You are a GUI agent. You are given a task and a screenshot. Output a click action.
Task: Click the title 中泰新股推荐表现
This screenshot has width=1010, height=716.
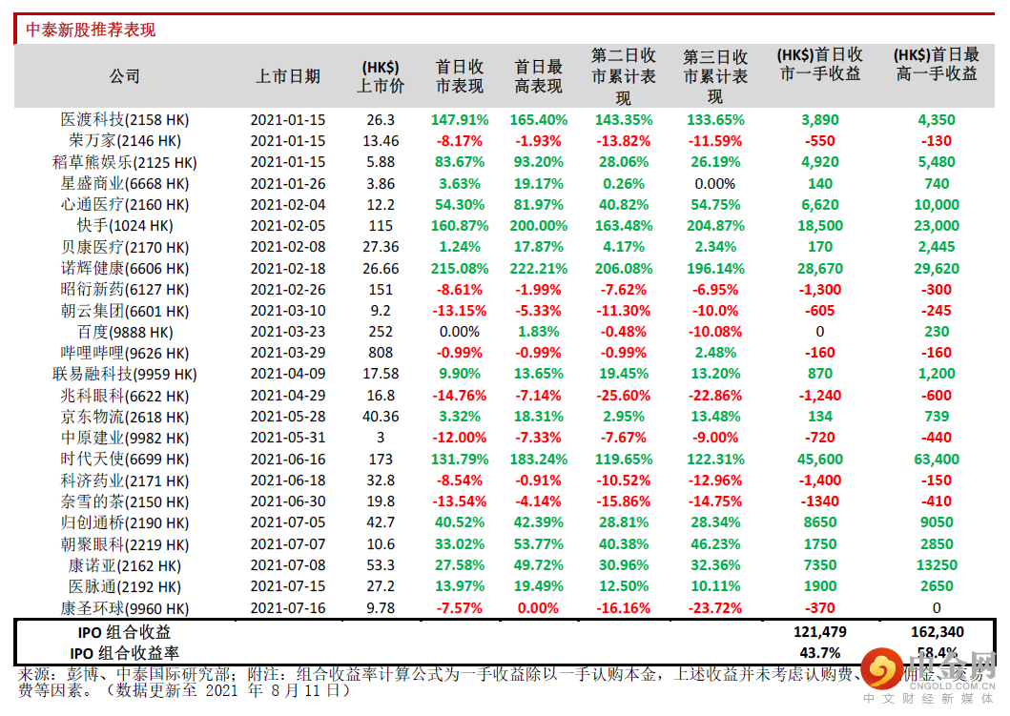[91, 30]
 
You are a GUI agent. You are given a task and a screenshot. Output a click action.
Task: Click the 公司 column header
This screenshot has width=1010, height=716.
[124, 76]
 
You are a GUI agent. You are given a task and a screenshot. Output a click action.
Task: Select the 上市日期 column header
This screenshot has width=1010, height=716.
[288, 76]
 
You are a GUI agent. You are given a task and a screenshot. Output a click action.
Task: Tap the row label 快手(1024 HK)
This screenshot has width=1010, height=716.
[124, 226]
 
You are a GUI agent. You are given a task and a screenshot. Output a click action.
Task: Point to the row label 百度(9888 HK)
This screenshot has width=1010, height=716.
[124, 332]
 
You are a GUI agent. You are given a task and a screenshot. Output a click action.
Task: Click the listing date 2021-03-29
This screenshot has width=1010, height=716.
[288, 353]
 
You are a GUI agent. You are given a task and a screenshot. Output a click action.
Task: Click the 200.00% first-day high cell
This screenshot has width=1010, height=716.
[539, 226]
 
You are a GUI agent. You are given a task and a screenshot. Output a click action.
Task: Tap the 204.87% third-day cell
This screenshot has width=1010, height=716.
[715, 226]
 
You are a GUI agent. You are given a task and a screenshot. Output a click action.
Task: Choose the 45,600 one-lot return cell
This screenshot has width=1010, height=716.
[819, 460]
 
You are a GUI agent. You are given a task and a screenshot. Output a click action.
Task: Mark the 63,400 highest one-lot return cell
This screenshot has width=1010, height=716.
[937, 460]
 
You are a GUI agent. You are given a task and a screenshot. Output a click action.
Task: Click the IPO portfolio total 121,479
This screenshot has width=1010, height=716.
[819, 632]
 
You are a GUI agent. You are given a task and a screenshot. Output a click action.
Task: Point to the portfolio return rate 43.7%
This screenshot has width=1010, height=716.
[819, 653]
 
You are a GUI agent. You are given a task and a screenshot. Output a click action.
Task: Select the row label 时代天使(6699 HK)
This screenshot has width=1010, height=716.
[124, 460]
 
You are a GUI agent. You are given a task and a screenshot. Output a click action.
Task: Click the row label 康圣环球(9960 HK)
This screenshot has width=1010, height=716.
[124, 608]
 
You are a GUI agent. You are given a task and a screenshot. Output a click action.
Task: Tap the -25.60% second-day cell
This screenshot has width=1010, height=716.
[624, 396]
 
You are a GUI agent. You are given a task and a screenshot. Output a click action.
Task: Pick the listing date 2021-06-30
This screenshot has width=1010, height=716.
[288, 501]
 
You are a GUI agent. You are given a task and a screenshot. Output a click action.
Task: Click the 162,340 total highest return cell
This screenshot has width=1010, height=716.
[937, 632]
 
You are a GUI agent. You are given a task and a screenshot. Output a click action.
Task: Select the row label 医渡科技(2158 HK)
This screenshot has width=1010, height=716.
[124, 120]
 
